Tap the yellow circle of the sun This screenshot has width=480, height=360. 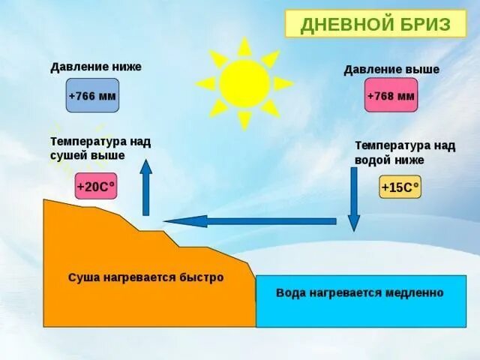[x=244, y=83]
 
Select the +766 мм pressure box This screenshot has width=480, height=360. [x=92, y=96]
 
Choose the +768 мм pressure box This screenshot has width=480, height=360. [x=391, y=96]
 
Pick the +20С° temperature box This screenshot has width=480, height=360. [x=96, y=187]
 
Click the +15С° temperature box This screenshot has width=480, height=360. [x=400, y=187]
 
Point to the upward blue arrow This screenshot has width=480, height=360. [x=146, y=187]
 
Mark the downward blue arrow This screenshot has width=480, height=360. [x=353, y=199]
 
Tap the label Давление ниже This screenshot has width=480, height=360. [x=95, y=67]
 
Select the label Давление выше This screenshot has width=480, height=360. [x=391, y=70]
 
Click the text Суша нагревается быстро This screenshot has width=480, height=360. [x=146, y=277]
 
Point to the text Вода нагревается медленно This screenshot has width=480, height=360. [x=360, y=292]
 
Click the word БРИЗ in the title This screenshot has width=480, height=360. [x=424, y=24]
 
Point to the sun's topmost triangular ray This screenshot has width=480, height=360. [x=244, y=45]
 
